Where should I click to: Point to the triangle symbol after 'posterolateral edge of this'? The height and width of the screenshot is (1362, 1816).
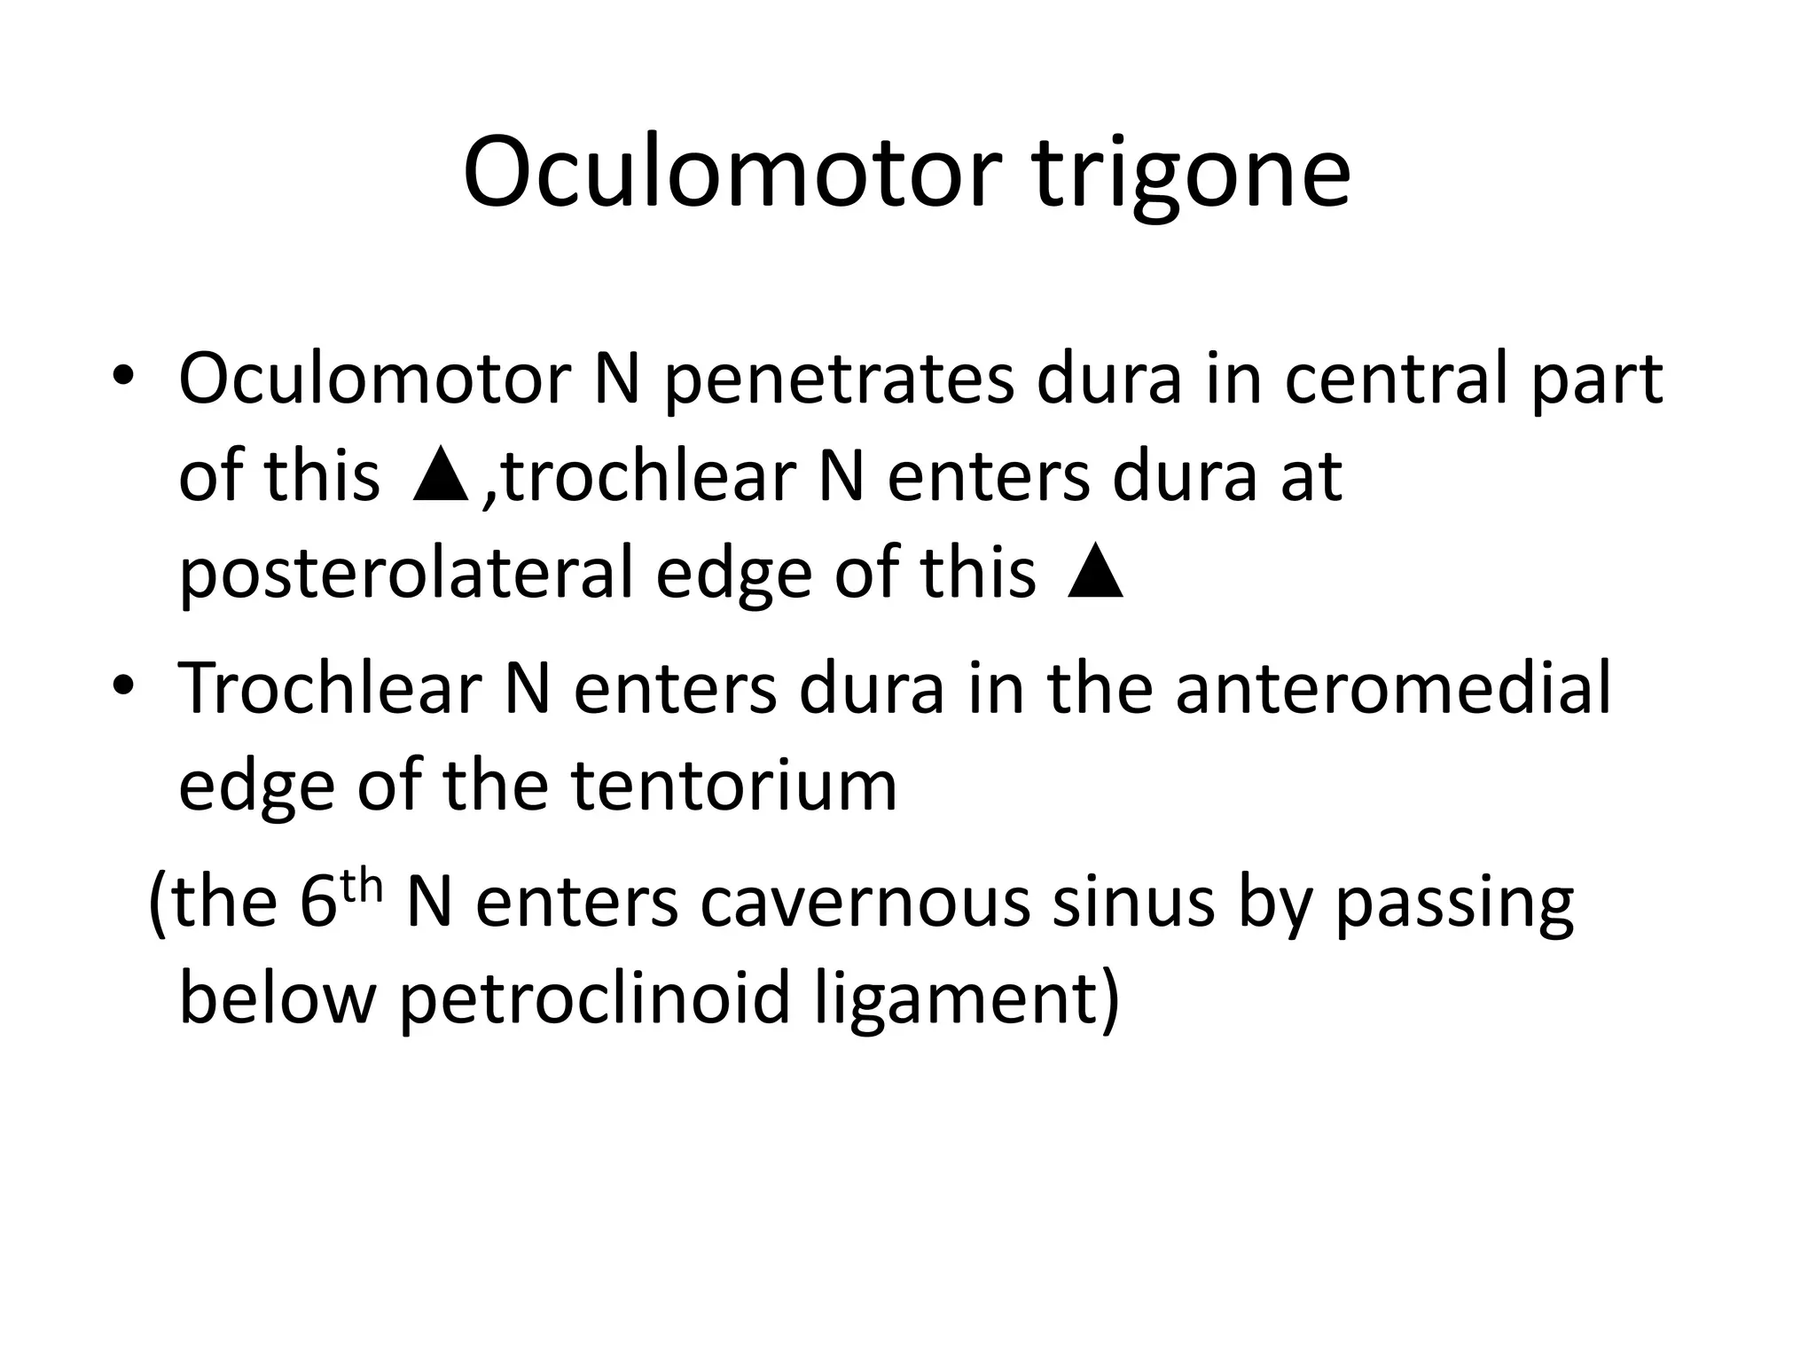click(1096, 574)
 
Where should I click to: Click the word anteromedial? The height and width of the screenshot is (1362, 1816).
click(1393, 689)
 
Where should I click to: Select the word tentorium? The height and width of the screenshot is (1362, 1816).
click(733, 787)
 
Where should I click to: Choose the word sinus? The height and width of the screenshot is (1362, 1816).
click(1132, 903)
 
